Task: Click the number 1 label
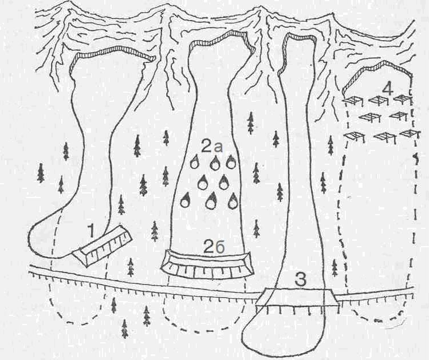click(92, 231)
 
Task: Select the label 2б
click(214, 247)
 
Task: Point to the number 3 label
click(300, 280)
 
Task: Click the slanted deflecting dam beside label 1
click(103, 246)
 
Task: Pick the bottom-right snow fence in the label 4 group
click(410, 134)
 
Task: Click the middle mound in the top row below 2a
click(214, 163)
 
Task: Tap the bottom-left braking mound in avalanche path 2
click(186, 200)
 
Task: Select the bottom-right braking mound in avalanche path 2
click(233, 201)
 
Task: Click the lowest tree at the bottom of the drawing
click(125, 329)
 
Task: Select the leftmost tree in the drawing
click(41, 173)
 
